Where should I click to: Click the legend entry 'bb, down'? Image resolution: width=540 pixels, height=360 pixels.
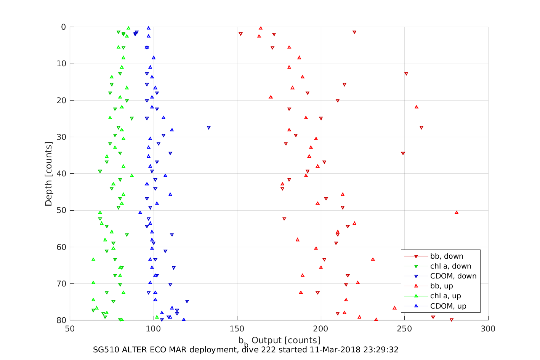point(447,256)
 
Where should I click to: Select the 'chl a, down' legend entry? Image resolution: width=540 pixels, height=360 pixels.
point(450,266)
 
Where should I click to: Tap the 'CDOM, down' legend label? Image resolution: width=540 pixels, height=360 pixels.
point(453,276)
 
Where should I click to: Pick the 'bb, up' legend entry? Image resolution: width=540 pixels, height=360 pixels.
point(442,286)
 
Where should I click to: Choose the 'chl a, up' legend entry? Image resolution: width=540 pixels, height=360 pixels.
point(445,296)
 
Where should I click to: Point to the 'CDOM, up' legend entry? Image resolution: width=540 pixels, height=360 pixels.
point(448,306)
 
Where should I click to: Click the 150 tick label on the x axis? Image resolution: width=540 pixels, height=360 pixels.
point(237,329)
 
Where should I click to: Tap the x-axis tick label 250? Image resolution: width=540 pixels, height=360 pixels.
point(404,329)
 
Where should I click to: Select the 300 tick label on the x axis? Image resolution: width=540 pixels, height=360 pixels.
point(488,329)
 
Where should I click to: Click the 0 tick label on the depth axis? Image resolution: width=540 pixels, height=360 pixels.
point(64,27)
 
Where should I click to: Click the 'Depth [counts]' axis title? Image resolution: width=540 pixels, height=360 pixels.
point(48,174)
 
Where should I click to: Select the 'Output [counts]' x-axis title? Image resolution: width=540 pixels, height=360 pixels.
point(286,340)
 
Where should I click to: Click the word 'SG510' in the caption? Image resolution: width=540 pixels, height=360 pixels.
point(105,350)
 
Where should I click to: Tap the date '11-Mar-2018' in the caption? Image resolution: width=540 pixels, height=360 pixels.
point(332,350)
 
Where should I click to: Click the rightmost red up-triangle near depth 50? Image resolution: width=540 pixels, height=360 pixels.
point(457,212)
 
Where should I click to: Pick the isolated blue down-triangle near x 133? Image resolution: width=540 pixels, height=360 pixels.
point(208,128)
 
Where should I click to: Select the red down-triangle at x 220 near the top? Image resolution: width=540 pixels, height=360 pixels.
point(354,32)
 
